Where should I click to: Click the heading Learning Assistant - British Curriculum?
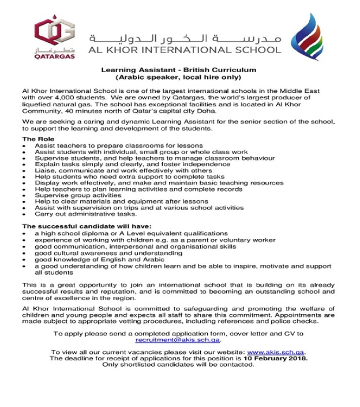(178, 70)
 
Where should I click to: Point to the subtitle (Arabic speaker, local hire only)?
(178, 77)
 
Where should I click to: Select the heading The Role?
(38, 139)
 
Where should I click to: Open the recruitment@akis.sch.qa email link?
(178, 341)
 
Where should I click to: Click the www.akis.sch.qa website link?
(276, 352)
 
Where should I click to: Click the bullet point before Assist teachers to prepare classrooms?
(24, 146)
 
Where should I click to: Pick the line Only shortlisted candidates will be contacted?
(178, 365)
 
